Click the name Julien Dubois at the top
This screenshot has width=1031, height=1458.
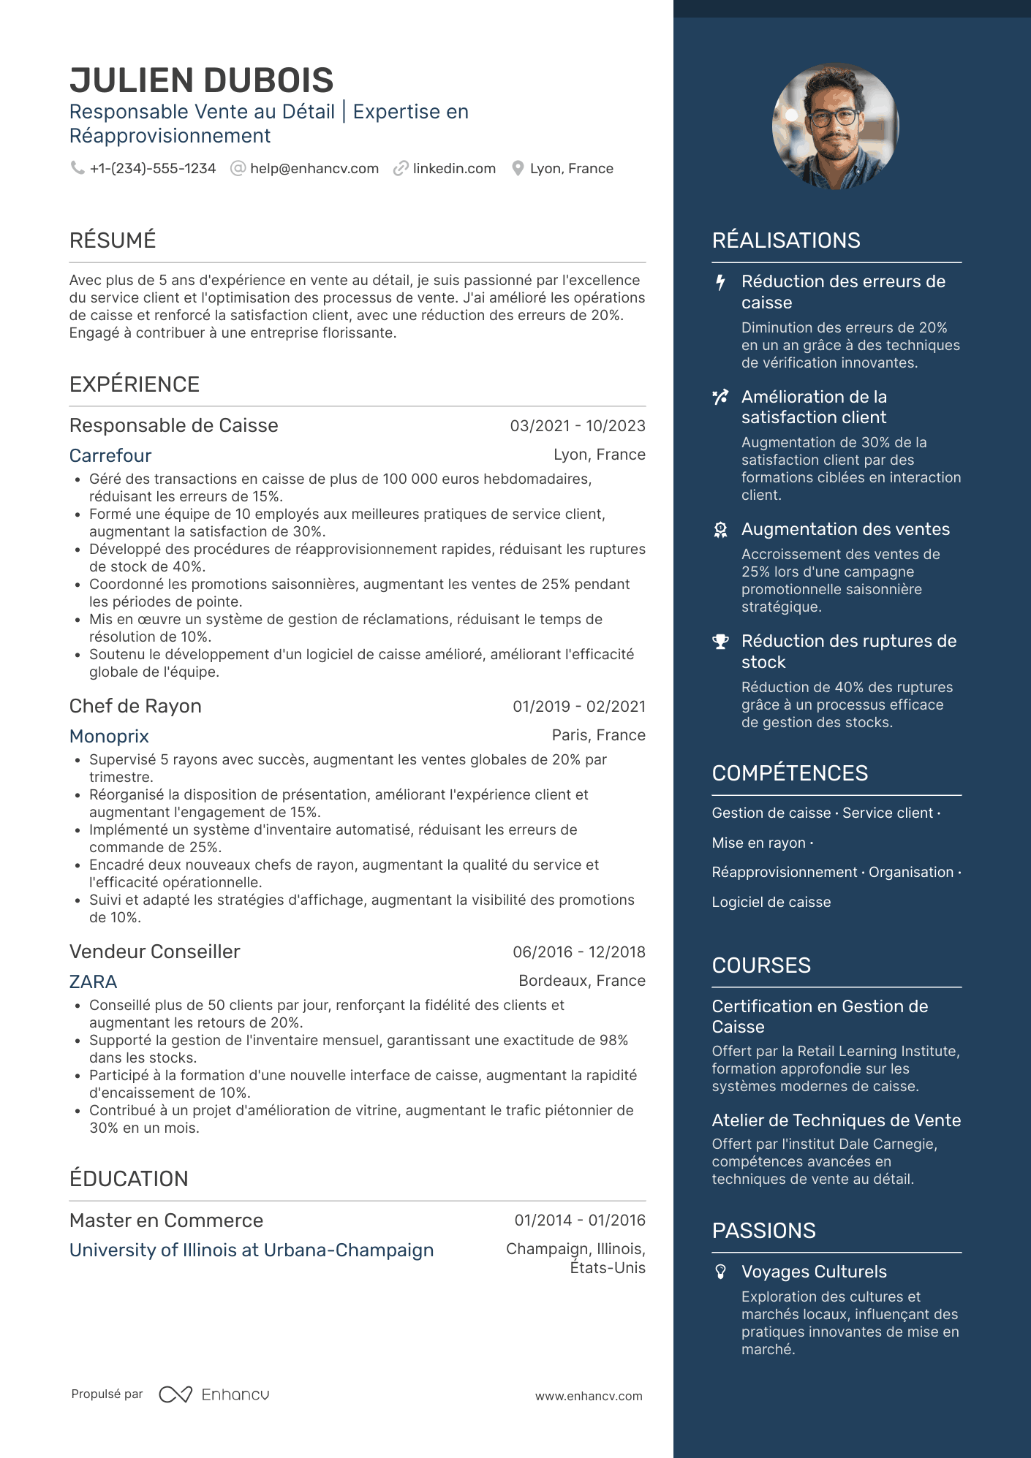(x=201, y=80)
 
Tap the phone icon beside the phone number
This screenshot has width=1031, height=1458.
(x=77, y=168)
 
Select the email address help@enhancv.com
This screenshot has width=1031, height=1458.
(x=314, y=169)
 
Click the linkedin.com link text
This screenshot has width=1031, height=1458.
(x=454, y=169)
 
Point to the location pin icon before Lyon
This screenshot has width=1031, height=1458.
(x=518, y=169)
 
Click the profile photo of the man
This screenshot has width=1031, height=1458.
(x=835, y=126)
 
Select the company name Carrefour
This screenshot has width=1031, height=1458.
(x=110, y=456)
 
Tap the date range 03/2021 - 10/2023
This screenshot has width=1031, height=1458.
(x=578, y=426)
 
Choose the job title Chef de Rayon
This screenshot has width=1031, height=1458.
(x=135, y=707)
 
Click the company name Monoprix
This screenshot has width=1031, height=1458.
(x=109, y=737)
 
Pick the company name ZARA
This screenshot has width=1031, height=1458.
(x=93, y=982)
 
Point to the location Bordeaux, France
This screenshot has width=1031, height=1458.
(x=582, y=981)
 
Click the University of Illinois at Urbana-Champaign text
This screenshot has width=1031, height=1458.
(x=252, y=1250)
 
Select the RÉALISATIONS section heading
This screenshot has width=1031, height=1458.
(x=786, y=240)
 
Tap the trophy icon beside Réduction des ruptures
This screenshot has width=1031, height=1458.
(x=720, y=642)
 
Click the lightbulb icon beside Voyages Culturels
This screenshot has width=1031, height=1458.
(x=720, y=1272)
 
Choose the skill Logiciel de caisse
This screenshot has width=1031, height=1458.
(x=771, y=903)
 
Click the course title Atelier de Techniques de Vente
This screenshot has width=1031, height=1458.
(x=836, y=1120)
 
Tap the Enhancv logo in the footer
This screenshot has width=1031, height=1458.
(x=214, y=1394)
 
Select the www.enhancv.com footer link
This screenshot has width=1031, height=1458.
(x=589, y=1396)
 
